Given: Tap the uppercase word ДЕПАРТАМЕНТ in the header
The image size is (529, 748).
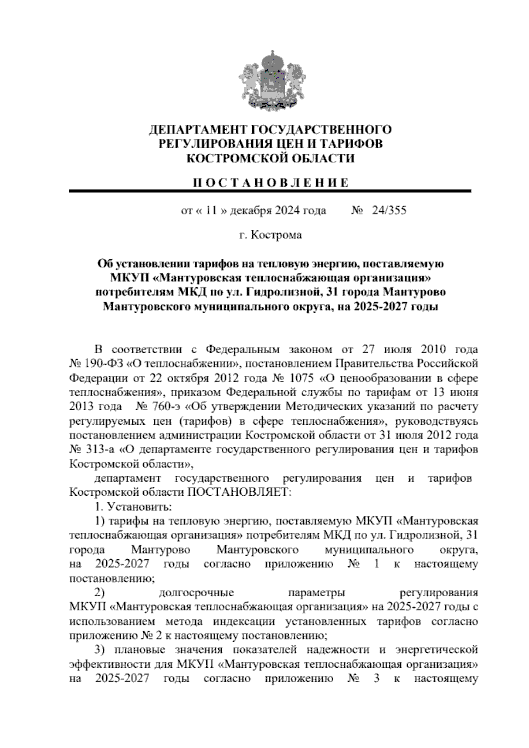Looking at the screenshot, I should pos(198,130).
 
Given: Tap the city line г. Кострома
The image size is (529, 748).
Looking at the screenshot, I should pos(270,235).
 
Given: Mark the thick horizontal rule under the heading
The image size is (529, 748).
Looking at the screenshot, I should pos(270,191).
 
